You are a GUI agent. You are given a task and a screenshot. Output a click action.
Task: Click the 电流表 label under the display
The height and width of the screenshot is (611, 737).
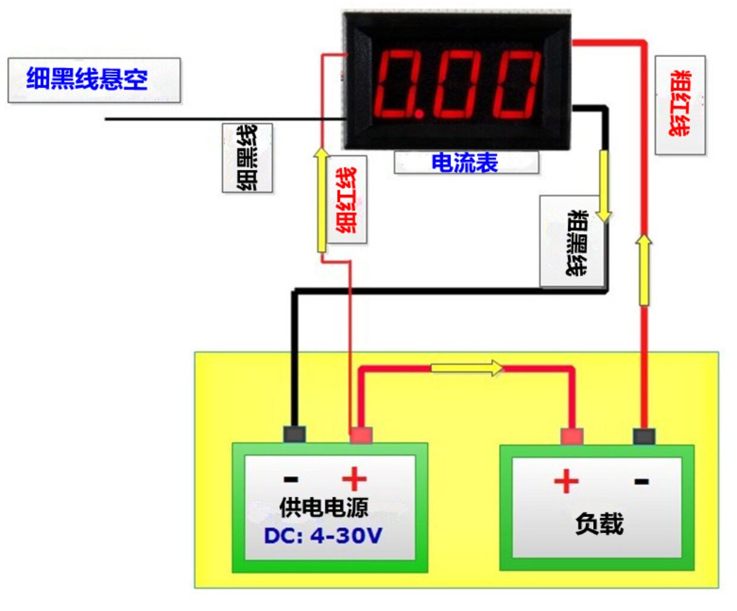466,162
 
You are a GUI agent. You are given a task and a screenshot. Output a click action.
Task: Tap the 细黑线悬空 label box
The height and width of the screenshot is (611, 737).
93,80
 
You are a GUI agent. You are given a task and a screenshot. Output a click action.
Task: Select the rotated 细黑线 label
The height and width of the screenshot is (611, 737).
247,158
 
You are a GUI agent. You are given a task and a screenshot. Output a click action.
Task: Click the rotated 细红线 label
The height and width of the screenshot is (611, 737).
347,200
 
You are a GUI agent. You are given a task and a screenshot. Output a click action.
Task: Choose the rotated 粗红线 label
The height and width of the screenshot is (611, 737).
680,105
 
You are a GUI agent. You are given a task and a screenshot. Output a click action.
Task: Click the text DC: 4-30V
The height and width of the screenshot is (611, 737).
323,536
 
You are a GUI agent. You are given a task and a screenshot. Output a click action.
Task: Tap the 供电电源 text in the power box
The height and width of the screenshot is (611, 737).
324,507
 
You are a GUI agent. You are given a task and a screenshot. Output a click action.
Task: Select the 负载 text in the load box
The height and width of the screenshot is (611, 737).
599,524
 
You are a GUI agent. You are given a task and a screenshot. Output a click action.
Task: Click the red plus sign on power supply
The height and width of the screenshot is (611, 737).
354,478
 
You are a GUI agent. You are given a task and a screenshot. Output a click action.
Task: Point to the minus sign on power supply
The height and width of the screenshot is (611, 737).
291,479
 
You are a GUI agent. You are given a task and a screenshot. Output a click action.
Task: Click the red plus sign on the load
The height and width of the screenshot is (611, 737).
566,481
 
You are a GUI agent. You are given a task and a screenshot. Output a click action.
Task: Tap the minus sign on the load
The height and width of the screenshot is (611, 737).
641,481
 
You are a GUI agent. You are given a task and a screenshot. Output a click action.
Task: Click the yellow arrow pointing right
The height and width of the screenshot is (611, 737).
467,368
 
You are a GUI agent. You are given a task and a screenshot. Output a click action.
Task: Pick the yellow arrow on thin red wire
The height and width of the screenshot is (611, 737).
321,199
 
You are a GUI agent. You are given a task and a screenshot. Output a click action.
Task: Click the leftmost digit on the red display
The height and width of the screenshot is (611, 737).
395,84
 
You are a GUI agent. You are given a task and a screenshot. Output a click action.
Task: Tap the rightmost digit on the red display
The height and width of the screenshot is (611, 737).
516,84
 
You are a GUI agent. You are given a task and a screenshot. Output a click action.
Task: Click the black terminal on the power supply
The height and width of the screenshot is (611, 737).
294,434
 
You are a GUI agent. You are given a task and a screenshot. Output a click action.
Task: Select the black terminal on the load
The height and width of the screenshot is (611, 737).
644,436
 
